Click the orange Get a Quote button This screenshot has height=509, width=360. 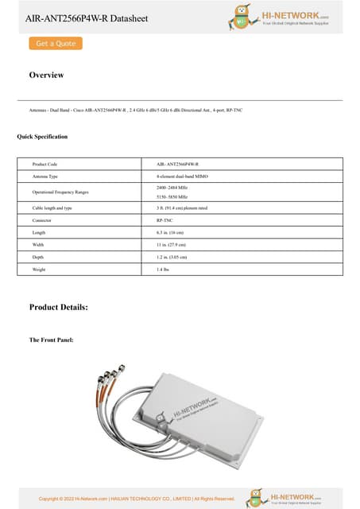pyautogui.click(x=55, y=44)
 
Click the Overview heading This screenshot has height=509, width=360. pyautogui.click(x=46, y=75)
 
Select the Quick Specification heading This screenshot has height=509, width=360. pyautogui.click(x=42, y=137)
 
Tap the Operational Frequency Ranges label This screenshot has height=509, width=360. pyautogui.click(x=60, y=192)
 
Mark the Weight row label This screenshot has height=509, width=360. pyautogui.click(x=41, y=270)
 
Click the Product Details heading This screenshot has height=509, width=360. pyautogui.click(x=58, y=307)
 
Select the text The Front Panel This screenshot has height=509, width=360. pyautogui.click(x=52, y=340)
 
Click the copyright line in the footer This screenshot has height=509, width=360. pyautogui.click(x=137, y=499)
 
